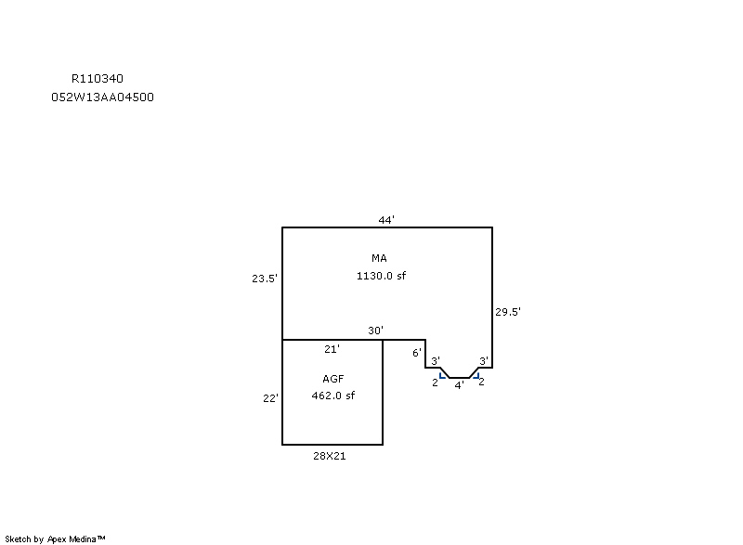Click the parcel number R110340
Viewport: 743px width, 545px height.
click(98, 79)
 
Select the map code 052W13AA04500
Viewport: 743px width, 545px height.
click(102, 97)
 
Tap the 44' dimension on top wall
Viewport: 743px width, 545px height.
click(386, 220)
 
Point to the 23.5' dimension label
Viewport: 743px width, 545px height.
click(265, 279)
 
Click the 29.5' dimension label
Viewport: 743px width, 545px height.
click(508, 312)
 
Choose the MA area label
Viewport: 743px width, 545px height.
click(379, 258)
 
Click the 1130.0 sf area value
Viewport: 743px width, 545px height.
click(381, 276)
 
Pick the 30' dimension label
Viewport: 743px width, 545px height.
click(376, 331)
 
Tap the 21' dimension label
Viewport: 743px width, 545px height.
click(332, 349)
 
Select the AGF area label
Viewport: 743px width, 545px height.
click(333, 379)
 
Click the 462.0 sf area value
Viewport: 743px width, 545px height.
click(333, 396)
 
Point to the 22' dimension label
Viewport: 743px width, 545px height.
click(270, 398)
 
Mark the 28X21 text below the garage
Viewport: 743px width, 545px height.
click(330, 456)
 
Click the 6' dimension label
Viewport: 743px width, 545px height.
click(416, 353)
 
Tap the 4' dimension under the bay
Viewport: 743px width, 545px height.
click(459, 385)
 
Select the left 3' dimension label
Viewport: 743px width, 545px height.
click(436, 361)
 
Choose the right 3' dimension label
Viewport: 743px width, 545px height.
click(483, 361)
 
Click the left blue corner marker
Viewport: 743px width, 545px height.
click(443, 376)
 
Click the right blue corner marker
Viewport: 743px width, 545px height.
click(476, 376)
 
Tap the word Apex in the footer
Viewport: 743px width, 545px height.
click(57, 539)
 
